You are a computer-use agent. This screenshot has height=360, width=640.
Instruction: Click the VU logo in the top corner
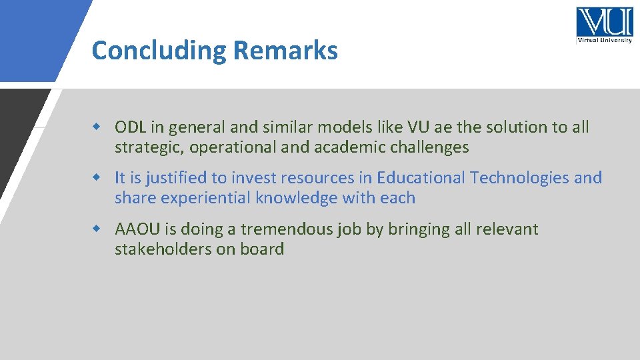click(x=604, y=22)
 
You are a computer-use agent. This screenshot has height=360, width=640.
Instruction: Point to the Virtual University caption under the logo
click(x=604, y=40)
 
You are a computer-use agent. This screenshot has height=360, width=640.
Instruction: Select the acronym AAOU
click(x=137, y=229)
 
